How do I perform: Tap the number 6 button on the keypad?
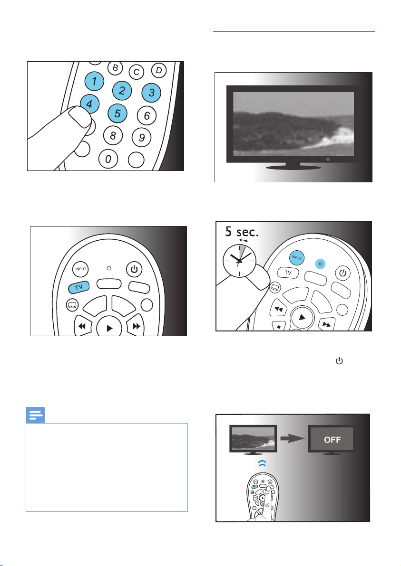[x=147, y=115]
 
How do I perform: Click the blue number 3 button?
[x=151, y=93]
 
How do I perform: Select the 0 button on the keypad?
[x=108, y=159]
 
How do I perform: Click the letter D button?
[x=158, y=70]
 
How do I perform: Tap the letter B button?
[x=115, y=67]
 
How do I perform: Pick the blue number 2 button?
[x=122, y=90]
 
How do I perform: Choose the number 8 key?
[x=113, y=136]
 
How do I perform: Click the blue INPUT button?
[x=297, y=258]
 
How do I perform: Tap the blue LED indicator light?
[x=320, y=264]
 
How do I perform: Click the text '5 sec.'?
[x=242, y=231]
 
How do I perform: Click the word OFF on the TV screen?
[x=333, y=440]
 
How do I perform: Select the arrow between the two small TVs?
[x=293, y=439]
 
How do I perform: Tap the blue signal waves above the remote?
[x=262, y=463]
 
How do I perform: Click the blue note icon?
[x=35, y=415]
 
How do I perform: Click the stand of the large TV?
[x=293, y=166]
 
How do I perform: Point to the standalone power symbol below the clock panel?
[x=339, y=360]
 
